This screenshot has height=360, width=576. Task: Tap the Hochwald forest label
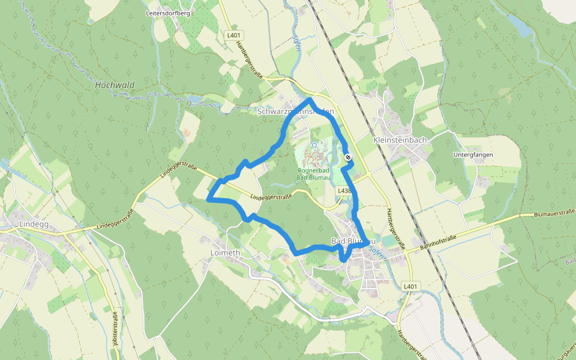115,85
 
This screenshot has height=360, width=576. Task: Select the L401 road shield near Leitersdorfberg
234,35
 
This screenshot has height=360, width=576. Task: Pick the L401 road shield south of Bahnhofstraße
410,286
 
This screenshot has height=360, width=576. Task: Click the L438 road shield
344,190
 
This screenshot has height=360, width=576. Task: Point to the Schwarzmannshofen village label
295,112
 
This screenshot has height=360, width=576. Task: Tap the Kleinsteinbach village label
400,140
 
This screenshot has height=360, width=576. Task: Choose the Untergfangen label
474,155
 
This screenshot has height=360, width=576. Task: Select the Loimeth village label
225,253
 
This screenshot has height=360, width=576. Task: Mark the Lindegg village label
33,224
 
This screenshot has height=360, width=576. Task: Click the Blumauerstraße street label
554,212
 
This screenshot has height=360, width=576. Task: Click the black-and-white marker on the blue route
348,157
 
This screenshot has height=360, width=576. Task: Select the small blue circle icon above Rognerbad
314,145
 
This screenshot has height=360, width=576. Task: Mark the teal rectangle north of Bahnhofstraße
389,241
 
